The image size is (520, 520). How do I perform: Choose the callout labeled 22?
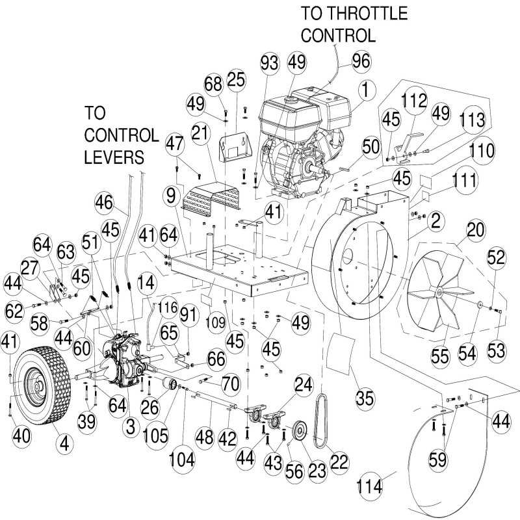coord(339,458)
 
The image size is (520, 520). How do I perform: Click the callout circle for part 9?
coord(170,194)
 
